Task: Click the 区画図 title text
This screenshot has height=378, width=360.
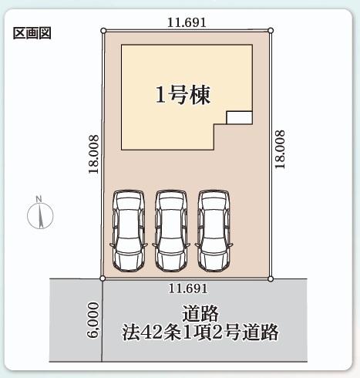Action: pos(32,33)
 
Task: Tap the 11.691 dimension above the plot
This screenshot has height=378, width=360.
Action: pos(187,22)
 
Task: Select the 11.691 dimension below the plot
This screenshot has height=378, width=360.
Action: pos(188,289)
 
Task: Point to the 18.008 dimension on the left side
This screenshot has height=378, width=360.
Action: pos(93,154)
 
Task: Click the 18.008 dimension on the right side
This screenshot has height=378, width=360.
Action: pos(280,150)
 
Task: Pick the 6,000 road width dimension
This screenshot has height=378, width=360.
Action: pos(93,319)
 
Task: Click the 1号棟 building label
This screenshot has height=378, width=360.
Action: pos(183,95)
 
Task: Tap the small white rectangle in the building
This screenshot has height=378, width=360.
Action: pos(239,118)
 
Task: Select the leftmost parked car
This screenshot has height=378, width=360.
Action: pos(129,231)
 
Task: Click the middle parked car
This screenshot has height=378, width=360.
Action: pos(171,231)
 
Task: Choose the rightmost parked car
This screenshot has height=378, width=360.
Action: pos(214,231)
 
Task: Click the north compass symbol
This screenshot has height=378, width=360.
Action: pos(40,215)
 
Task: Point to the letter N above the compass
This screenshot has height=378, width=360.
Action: pos(39,199)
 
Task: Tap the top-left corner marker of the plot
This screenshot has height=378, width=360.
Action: pos(103,31)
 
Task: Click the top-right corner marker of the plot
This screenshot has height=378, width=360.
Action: pos(271,31)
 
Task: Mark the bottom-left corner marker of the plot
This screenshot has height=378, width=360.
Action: pos(103,278)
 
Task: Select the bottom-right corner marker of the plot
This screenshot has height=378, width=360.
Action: pos(270,278)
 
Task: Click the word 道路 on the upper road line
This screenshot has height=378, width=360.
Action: pos(200,313)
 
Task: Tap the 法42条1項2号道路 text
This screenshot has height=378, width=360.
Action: pos(200,332)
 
